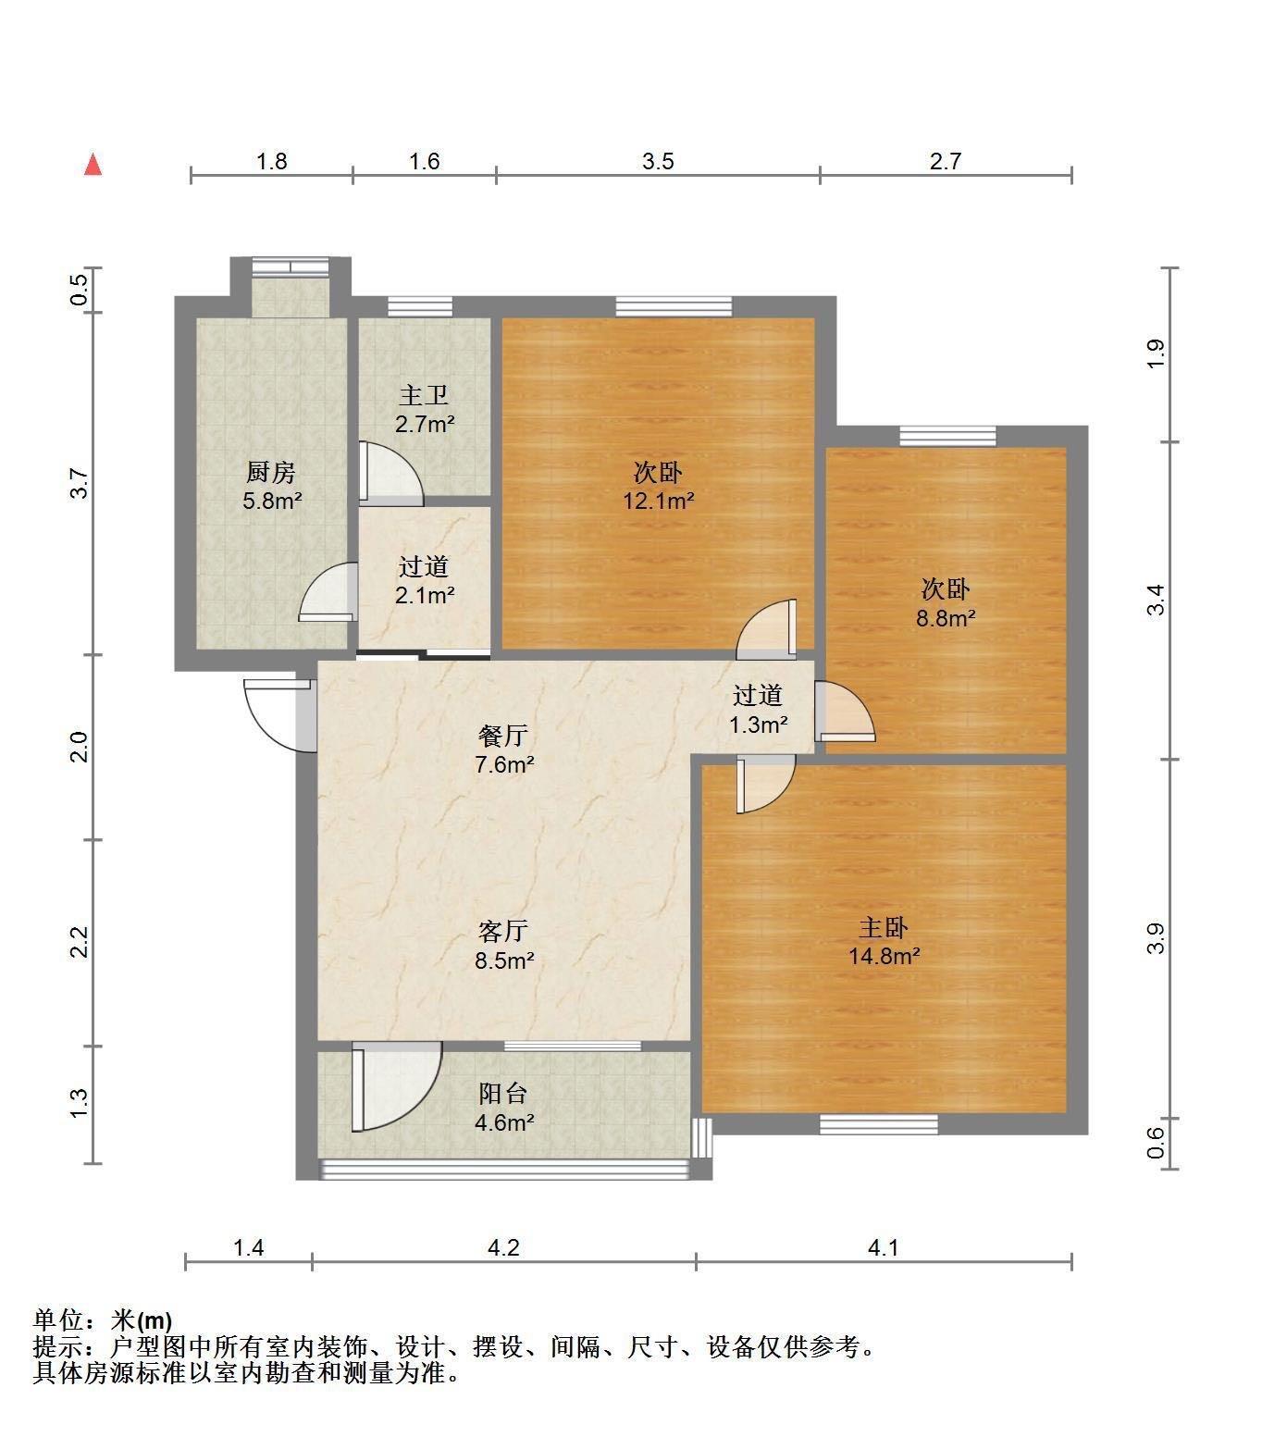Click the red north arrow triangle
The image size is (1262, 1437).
[x=93, y=165]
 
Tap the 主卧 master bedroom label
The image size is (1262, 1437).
[x=884, y=927]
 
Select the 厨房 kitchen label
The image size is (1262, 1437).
[x=270, y=473]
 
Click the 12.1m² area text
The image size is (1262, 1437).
[x=659, y=502]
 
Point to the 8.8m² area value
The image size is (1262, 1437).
[x=946, y=618]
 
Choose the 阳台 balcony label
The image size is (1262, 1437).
[x=503, y=1094]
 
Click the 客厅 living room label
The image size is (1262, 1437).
[x=504, y=930]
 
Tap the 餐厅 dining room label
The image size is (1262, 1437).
[x=504, y=736]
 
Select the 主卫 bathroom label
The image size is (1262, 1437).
[x=424, y=396]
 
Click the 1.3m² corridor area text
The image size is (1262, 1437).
[x=759, y=725]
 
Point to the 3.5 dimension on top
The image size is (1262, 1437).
[x=658, y=162]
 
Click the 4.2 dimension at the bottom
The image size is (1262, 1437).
[x=503, y=1247]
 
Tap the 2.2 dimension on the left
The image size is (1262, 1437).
[x=80, y=942]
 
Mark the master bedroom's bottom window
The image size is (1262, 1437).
[x=879, y=1124]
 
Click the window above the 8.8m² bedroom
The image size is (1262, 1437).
[x=947, y=435]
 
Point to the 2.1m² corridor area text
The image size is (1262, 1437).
[x=425, y=595]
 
